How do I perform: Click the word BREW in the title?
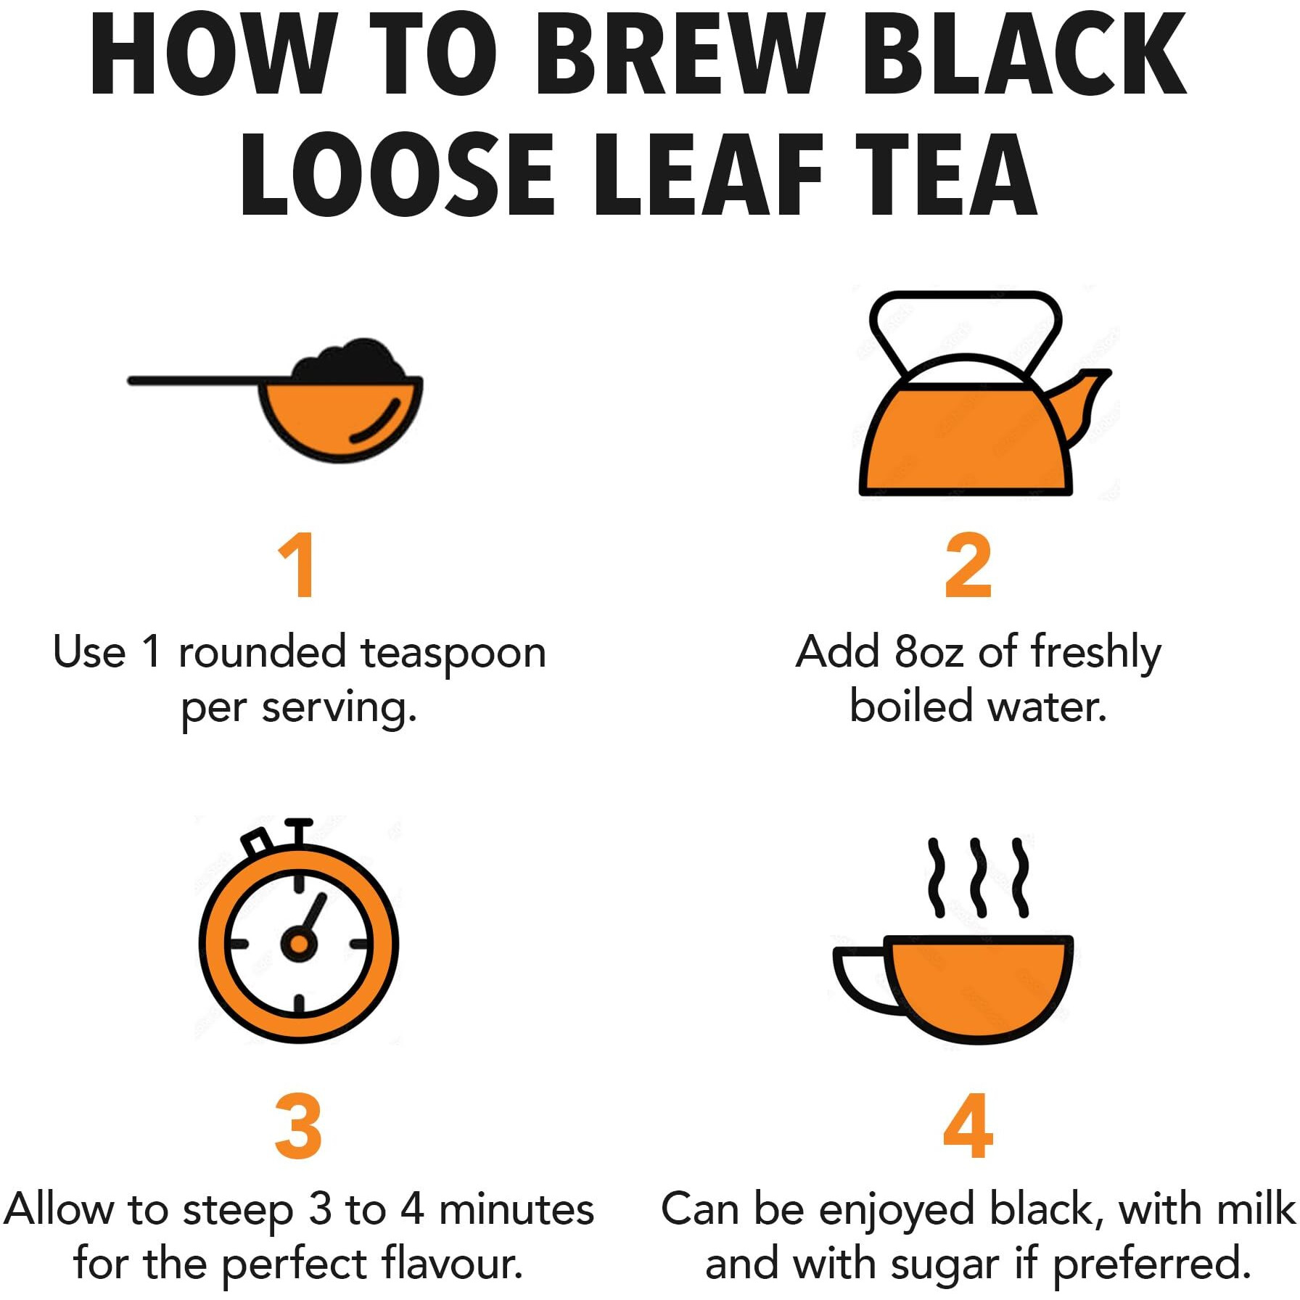[679, 54]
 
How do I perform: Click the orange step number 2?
[968, 565]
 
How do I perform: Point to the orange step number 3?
[298, 1126]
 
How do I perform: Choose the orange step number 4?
[968, 1126]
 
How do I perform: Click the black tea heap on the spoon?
[349, 361]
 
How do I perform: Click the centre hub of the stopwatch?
[298, 943]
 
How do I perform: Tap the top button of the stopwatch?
[298, 831]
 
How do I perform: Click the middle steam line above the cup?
[979, 877]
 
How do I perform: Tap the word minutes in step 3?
[517, 1211]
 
